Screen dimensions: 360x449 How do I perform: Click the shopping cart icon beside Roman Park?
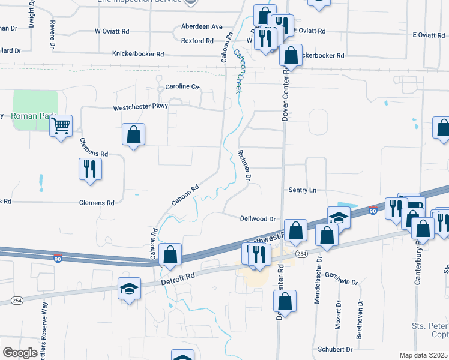61,127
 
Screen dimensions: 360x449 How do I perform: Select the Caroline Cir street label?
182,86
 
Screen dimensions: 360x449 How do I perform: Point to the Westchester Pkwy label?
141,108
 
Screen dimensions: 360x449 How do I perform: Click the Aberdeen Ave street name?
202,27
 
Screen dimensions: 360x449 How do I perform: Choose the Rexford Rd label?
197,41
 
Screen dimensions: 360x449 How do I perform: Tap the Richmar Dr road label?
244,164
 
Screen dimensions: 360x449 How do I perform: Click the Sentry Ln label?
302,190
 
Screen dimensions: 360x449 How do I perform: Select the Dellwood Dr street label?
257,219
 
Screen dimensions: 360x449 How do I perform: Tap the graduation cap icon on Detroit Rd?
129,289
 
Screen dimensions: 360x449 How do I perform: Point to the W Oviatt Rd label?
112,31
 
